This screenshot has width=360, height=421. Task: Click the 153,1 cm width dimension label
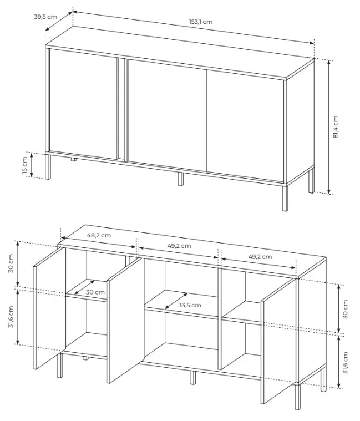click(x=201, y=22)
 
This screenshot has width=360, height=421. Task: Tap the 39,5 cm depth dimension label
click(x=45, y=17)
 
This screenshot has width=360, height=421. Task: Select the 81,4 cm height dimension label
click(x=335, y=127)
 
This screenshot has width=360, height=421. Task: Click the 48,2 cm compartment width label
click(x=99, y=235)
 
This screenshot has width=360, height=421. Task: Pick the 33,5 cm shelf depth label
click(x=190, y=305)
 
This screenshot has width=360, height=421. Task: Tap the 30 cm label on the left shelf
click(x=95, y=292)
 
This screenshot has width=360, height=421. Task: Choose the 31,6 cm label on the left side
click(x=11, y=317)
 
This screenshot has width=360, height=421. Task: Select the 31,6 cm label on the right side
click(x=345, y=362)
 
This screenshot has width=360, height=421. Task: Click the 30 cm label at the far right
click(x=345, y=310)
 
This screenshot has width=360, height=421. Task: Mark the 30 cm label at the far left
click(x=11, y=263)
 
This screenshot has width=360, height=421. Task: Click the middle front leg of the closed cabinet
click(x=181, y=179)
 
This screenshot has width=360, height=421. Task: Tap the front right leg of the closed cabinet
click(x=285, y=197)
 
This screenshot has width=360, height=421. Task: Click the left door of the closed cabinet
click(x=83, y=104)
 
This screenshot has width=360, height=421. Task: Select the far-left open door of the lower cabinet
click(x=49, y=308)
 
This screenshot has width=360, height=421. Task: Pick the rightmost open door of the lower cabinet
click(x=278, y=341)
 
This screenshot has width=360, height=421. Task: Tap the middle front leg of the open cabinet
click(x=192, y=377)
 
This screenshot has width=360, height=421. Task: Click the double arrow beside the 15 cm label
click(x=32, y=165)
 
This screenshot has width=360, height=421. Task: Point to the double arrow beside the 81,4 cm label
click(x=329, y=127)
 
